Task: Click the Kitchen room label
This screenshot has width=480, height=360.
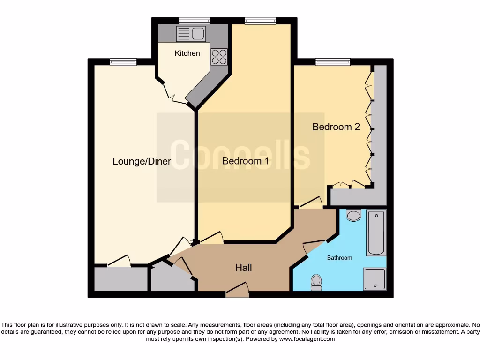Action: coord(187,53)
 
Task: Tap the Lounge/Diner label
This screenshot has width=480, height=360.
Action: coord(142,162)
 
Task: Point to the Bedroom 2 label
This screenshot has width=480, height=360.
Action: coord(336,127)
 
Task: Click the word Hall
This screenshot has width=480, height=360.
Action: coord(243,268)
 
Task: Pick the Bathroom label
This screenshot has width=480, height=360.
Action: coord(339,258)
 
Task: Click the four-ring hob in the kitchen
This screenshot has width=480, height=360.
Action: coord(219,57)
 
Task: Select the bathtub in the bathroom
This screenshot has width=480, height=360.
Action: coord(376,233)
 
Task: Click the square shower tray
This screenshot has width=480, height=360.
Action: coord(375,279)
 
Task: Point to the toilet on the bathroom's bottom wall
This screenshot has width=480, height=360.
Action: coord(316,282)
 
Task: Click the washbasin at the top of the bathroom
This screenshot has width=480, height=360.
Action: coord(353,215)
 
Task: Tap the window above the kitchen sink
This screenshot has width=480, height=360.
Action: coord(194,20)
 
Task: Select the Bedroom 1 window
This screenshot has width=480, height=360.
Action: coord(260,20)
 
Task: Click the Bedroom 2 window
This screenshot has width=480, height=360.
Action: coord(333,61)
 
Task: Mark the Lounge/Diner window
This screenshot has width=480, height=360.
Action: coord(123,61)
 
